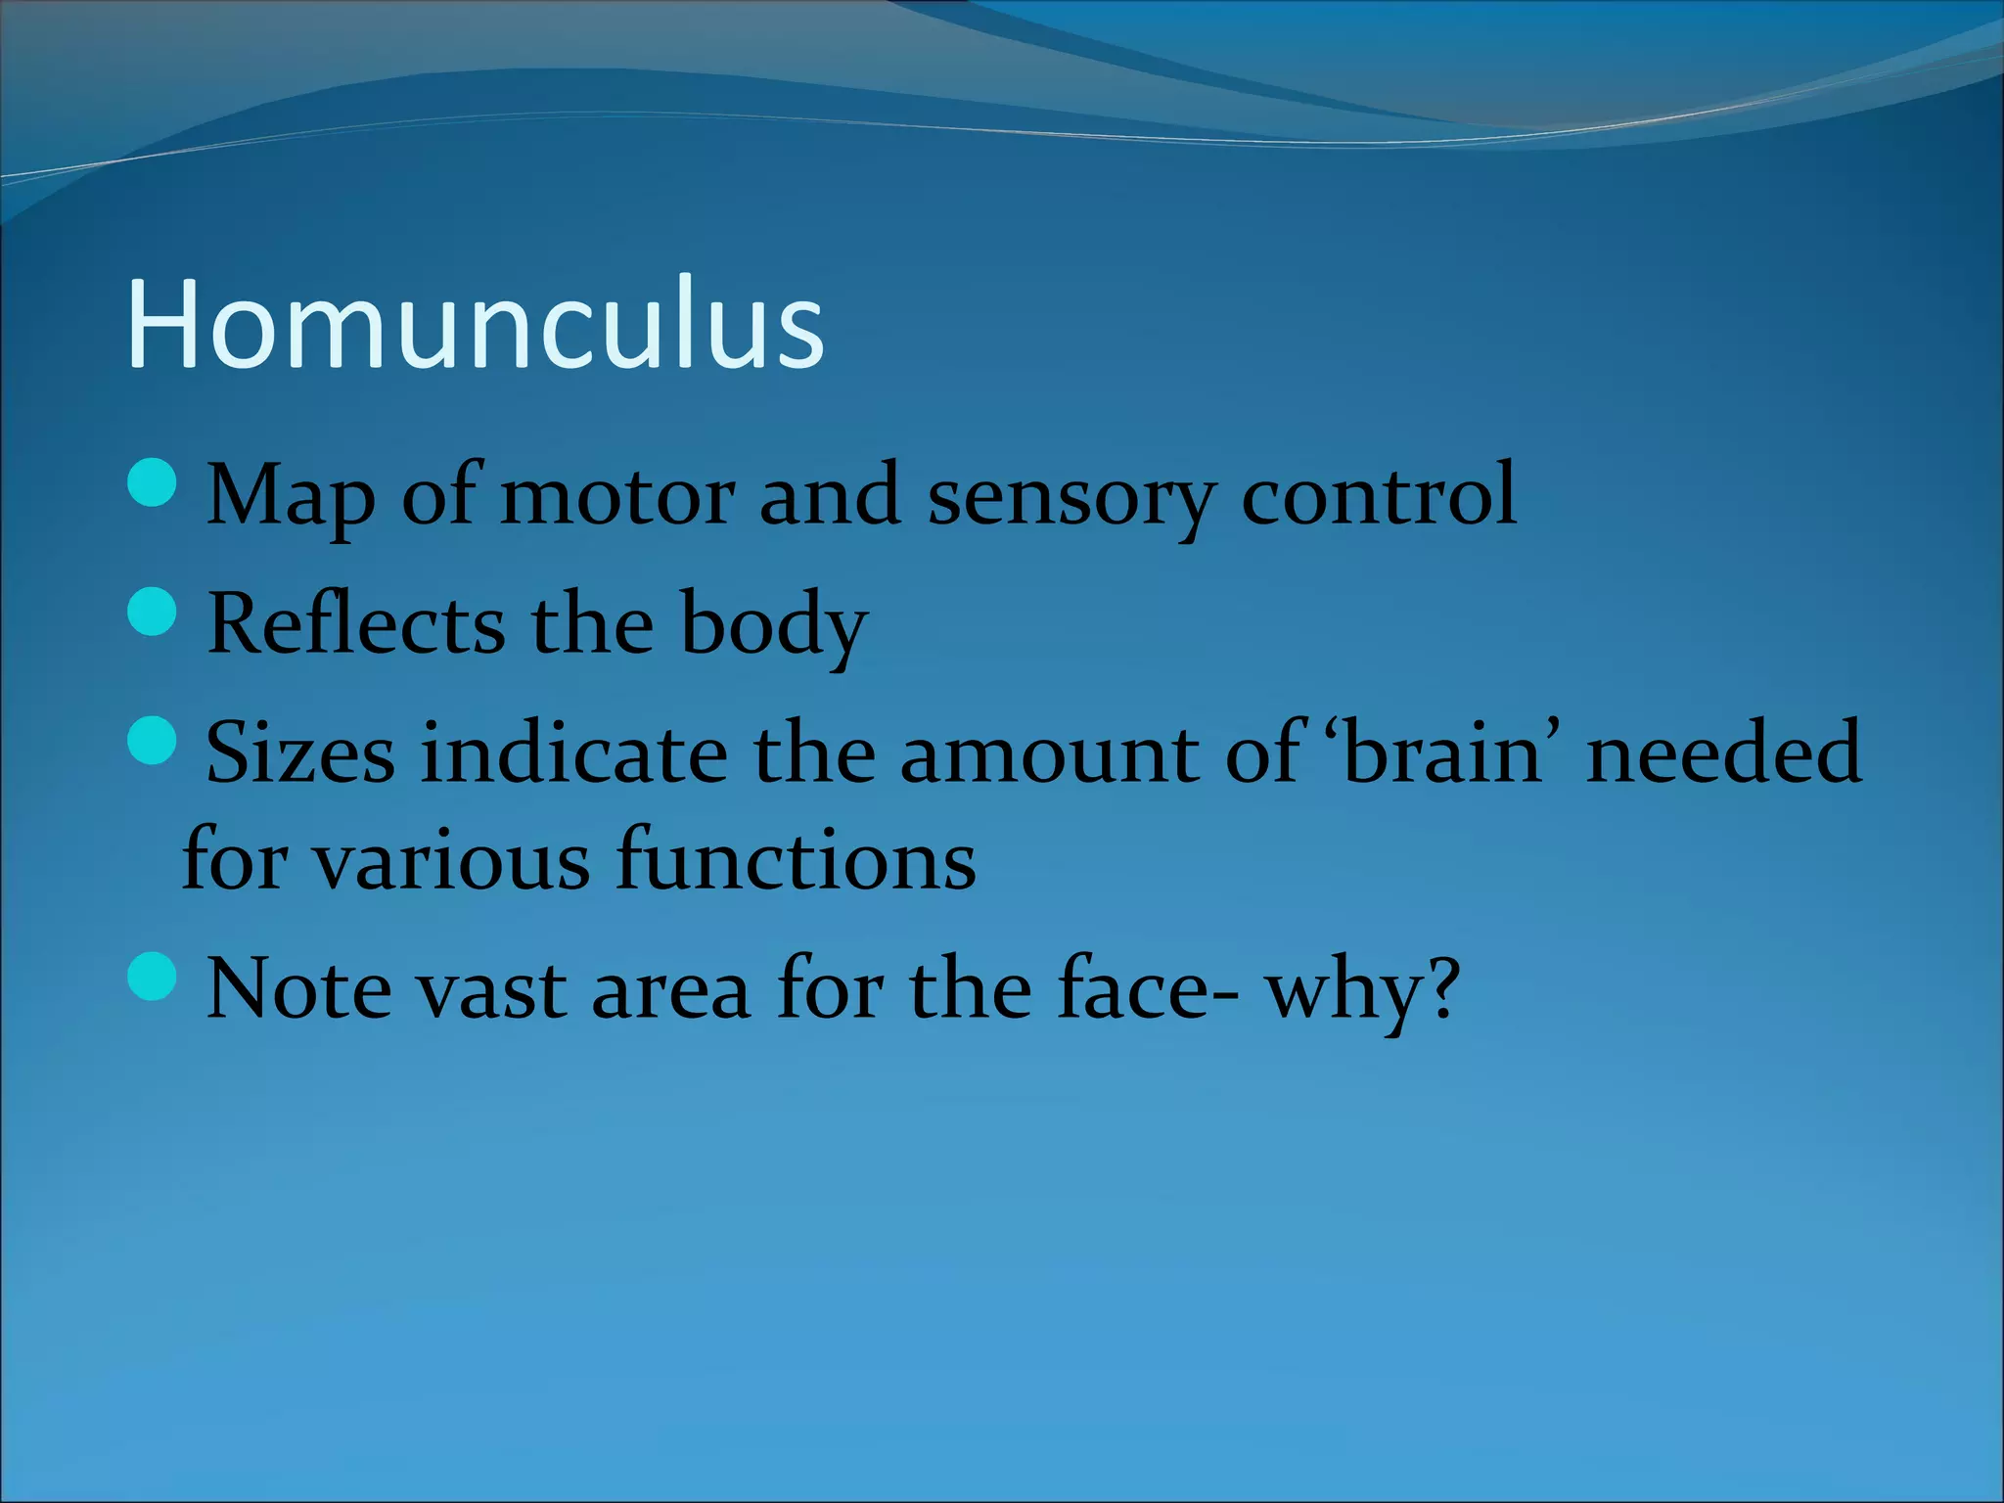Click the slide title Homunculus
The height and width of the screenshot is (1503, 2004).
(476, 324)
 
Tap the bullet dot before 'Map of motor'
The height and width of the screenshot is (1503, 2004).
(153, 482)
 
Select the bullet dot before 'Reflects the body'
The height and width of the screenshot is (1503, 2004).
(153, 612)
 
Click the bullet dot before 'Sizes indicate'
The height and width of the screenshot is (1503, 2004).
(153, 741)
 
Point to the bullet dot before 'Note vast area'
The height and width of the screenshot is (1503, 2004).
(153, 977)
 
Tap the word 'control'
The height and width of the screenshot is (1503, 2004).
(1379, 495)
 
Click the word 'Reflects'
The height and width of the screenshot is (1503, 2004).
(356, 623)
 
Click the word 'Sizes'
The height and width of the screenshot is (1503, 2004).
(300, 752)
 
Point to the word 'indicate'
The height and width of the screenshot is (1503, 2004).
(574, 752)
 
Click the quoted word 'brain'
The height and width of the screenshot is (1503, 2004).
(1443, 752)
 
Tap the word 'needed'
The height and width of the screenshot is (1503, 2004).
(1723, 752)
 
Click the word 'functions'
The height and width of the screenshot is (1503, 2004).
(796, 860)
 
